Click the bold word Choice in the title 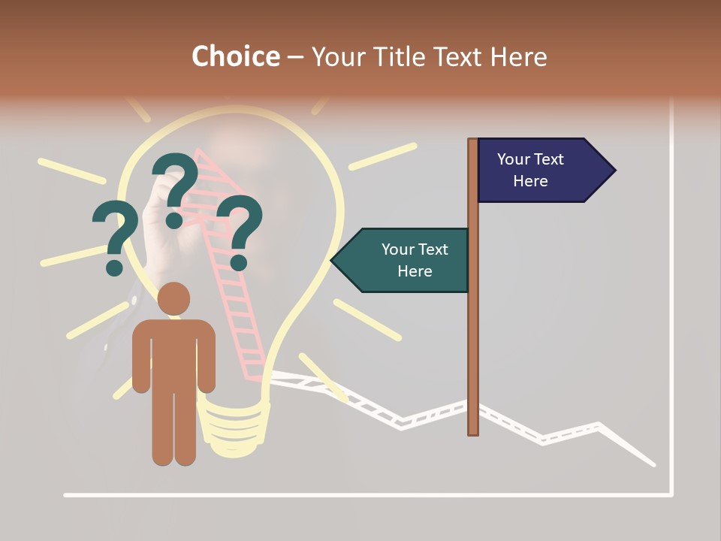pos(235,56)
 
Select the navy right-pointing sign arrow pos(541,170)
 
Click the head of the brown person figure pos(173,298)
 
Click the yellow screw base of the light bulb pos(234,428)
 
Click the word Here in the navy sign pos(530,181)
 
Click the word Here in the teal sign pos(415,271)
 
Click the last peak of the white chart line pos(599,425)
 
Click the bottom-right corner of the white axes pos(671,494)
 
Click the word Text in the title pos(458,56)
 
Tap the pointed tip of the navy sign pos(614,170)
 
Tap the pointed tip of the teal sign pos(332,261)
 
